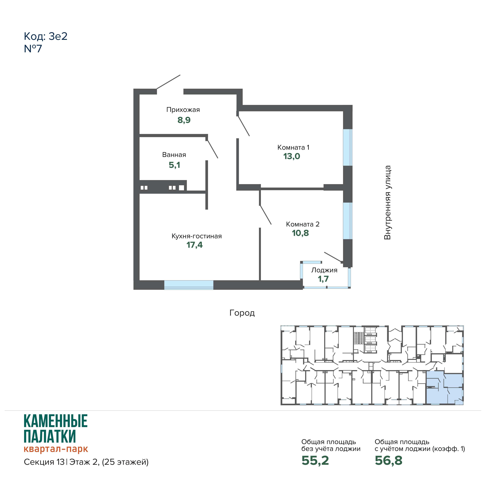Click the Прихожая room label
(183, 110)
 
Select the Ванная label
(174, 155)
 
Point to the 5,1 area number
(174, 165)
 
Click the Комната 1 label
(293, 147)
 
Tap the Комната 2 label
(303, 224)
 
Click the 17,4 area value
(194, 245)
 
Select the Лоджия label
(324, 270)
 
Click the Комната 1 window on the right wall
(348, 147)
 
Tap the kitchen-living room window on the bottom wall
(189, 285)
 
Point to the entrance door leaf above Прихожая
(168, 82)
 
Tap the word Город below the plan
(242, 313)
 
